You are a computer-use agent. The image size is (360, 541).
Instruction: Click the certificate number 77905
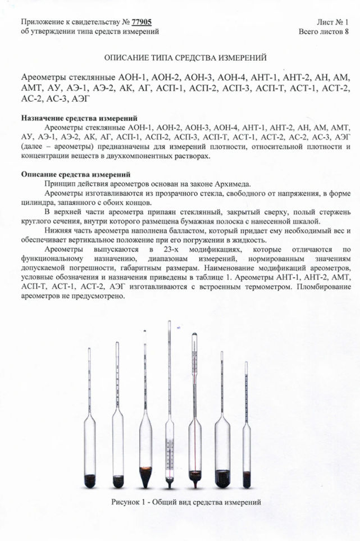142,22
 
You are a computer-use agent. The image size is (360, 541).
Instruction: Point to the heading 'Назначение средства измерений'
79,119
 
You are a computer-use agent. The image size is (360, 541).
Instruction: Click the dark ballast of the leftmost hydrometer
90,480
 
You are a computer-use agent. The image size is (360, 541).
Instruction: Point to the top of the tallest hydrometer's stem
169,322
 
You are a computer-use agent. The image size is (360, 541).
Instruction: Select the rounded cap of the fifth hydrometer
194,337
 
